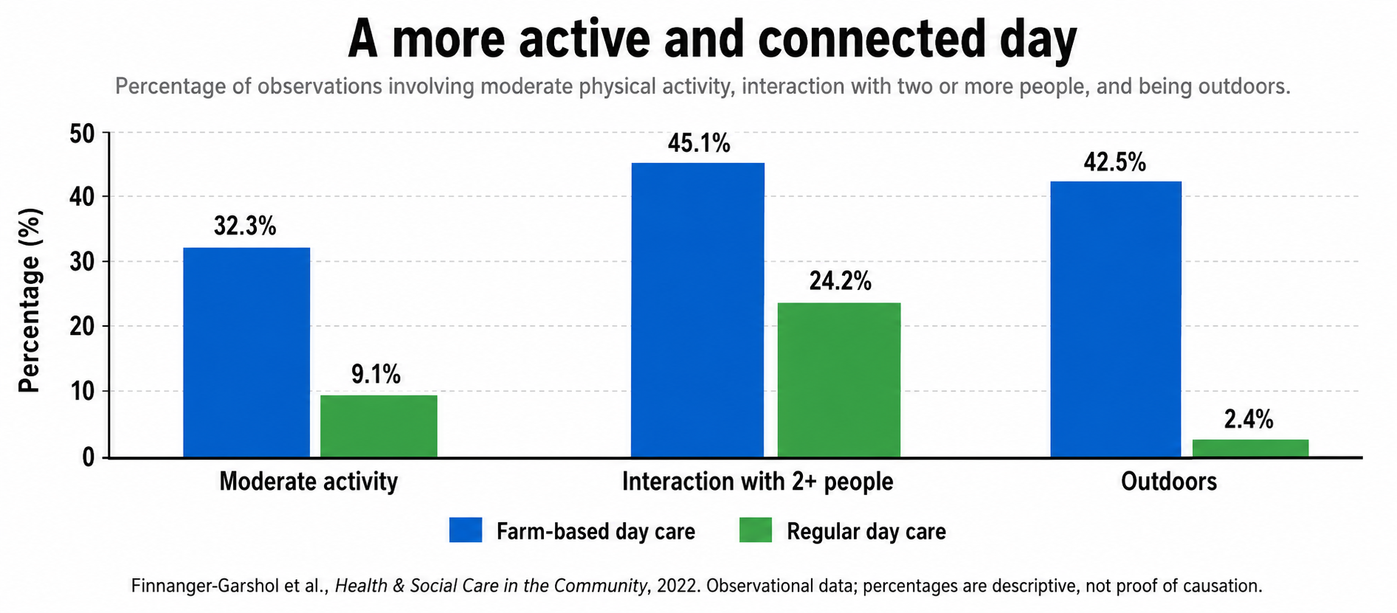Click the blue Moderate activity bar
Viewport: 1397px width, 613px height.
click(x=246, y=352)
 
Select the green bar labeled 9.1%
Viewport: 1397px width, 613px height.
click(x=379, y=426)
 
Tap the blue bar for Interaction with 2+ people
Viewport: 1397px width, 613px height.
click(x=697, y=310)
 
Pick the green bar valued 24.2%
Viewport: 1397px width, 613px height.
click(x=839, y=380)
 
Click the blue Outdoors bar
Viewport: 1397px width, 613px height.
click(x=1116, y=319)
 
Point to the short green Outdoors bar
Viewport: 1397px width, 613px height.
click(x=1251, y=449)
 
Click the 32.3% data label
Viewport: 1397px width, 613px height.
click(x=245, y=226)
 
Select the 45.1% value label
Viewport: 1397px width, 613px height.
click(x=699, y=142)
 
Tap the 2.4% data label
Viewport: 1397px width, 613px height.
click(x=1249, y=419)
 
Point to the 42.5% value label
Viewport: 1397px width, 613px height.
click(x=1114, y=162)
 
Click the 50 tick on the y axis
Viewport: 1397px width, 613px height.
click(x=83, y=134)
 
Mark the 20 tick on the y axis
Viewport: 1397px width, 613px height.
click(x=83, y=326)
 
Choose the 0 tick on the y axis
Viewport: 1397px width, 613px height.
click(x=89, y=457)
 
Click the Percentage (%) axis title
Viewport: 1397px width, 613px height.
click(x=30, y=300)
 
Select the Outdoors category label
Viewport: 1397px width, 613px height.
click(x=1169, y=482)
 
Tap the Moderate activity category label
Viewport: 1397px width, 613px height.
click(x=308, y=482)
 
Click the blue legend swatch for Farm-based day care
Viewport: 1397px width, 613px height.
click(x=466, y=530)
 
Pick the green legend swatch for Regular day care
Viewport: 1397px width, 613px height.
click(x=756, y=530)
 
